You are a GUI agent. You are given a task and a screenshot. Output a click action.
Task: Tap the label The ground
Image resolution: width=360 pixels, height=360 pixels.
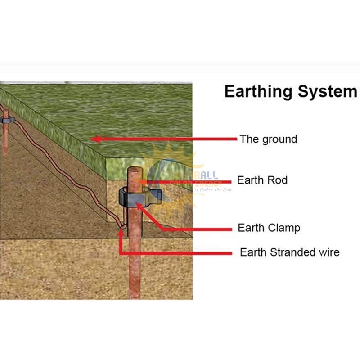[268, 139]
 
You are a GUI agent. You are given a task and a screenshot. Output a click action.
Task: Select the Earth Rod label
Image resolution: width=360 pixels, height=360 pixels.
[262, 180]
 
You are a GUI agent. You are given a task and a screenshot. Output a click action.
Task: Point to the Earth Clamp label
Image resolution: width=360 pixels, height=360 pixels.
[269, 228]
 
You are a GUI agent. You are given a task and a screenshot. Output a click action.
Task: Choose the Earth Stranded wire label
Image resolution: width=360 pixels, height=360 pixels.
[289, 252]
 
